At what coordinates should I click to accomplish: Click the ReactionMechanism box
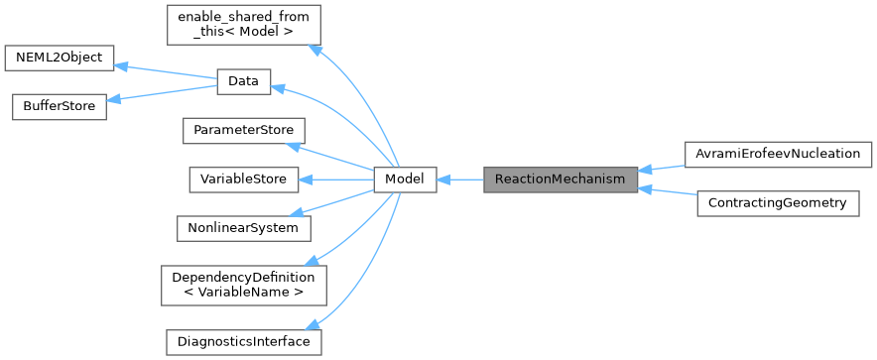coord(561,180)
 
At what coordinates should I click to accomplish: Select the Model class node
coord(405,180)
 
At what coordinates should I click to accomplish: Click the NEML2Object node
coord(60,58)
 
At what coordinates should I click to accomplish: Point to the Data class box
coord(243,82)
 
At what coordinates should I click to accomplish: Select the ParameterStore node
coord(243,131)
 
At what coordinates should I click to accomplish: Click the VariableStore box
coord(243,180)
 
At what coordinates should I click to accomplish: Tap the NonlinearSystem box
coord(243,227)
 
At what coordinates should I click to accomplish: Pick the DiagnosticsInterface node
coord(243,342)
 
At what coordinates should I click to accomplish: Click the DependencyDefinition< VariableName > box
coord(243,285)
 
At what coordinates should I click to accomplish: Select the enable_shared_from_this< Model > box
coord(243,26)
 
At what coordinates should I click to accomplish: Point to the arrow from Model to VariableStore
coord(336,180)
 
